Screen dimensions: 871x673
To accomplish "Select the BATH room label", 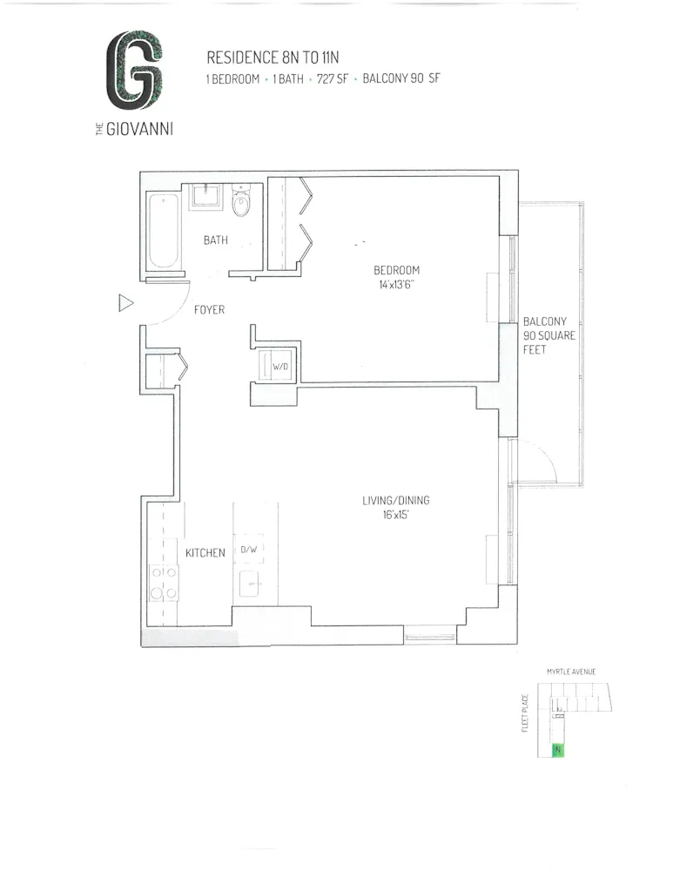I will coord(215,240).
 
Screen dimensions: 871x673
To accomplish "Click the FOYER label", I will coord(209,309).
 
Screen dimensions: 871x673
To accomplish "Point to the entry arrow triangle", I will coord(125,303).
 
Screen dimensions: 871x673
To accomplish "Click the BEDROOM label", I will coord(391,269).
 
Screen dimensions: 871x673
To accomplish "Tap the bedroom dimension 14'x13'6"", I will coord(391,285).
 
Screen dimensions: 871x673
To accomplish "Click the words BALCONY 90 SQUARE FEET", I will coord(549,335).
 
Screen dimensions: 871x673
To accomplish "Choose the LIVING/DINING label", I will coord(396,501).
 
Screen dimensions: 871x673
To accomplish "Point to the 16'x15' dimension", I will coord(397,516).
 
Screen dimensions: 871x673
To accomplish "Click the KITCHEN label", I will coord(205,552).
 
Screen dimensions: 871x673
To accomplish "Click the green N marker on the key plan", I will coord(556,749).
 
